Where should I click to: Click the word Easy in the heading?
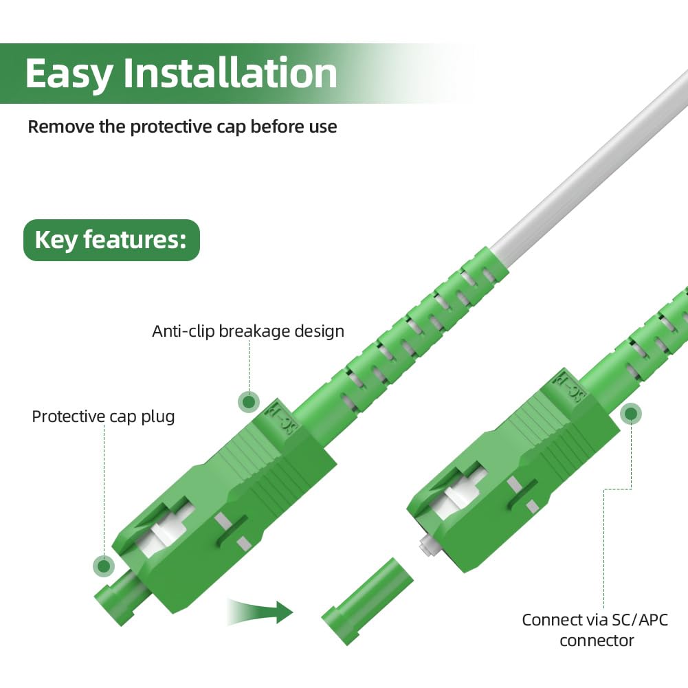coord(68,74)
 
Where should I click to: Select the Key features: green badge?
coord(111,240)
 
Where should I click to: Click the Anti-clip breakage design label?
coord(248,331)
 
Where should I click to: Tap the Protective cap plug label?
coord(103,417)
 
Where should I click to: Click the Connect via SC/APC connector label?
coord(595,630)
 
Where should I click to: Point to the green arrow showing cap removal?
coord(261,611)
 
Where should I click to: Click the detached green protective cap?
coord(368,601)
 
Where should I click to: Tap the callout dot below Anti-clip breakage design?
coord(249,401)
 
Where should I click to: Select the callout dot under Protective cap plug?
coord(104,566)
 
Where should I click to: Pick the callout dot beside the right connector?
coord(631,414)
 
